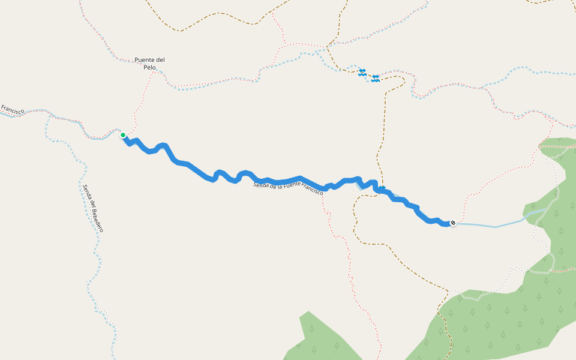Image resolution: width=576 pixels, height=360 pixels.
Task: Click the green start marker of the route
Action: pos(123,135)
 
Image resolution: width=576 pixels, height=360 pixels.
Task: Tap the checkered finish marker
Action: pos(453,223)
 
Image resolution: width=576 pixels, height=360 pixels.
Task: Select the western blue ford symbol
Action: pos(362,72)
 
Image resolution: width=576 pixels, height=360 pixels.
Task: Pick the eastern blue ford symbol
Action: pos(376,79)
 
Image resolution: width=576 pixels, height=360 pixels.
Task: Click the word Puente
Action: pos(146,59)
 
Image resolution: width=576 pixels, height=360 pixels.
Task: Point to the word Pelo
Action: pos(149,67)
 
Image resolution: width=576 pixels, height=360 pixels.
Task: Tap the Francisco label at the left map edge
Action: pos(12,110)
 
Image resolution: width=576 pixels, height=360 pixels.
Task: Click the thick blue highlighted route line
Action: pos(192,166)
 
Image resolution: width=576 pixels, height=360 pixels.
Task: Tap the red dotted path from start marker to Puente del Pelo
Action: pos(142,102)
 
